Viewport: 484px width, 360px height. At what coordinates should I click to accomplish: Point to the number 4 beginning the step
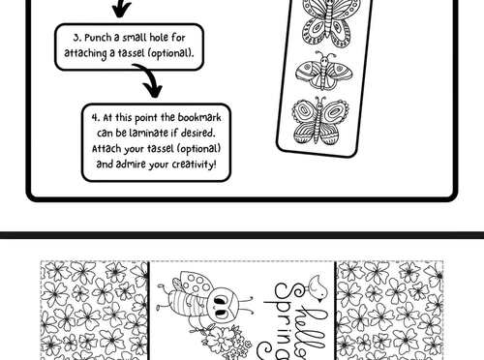[x=95, y=116]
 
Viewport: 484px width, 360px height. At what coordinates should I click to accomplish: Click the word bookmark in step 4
[x=195, y=116]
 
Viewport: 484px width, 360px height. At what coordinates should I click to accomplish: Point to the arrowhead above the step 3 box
[x=121, y=12]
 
